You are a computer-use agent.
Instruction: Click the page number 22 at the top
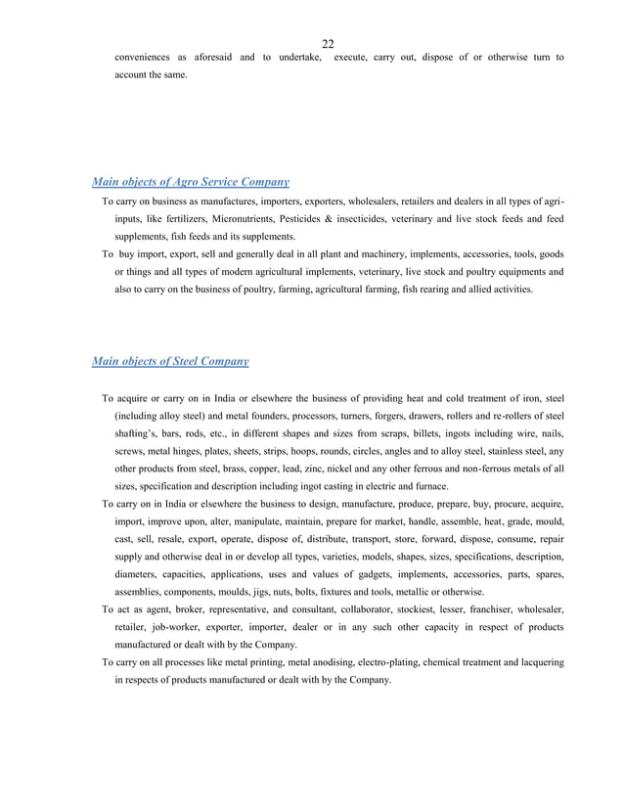(x=328, y=43)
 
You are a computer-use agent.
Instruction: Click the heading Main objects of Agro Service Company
(x=190, y=181)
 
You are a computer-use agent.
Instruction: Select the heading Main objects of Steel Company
(x=169, y=361)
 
